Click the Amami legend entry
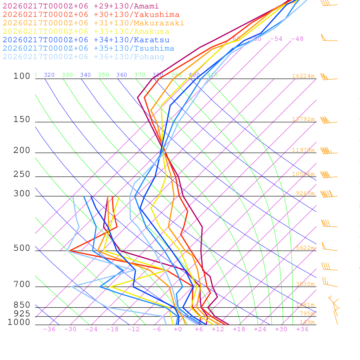tap(81, 6)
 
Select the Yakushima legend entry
tap(91, 15)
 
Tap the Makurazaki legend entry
tap(94, 23)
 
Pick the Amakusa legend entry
tap(86, 32)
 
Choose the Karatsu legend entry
tap(86, 40)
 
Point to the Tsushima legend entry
tap(89, 49)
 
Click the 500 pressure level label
tap(22, 248)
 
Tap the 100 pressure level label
tap(22, 76)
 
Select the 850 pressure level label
tap(22, 305)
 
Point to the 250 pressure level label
tap(22, 174)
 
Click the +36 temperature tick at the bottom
tap(302, 329)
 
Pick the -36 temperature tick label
tap(49, 329)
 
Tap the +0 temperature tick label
tap(178, 329)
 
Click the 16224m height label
tap(303, 76)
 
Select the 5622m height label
tap(305, 247)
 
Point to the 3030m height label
tap(305, 284)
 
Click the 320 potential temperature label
tap(49, 75)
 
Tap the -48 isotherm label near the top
tap(297, 39)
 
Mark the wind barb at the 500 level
tap(329, 248)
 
